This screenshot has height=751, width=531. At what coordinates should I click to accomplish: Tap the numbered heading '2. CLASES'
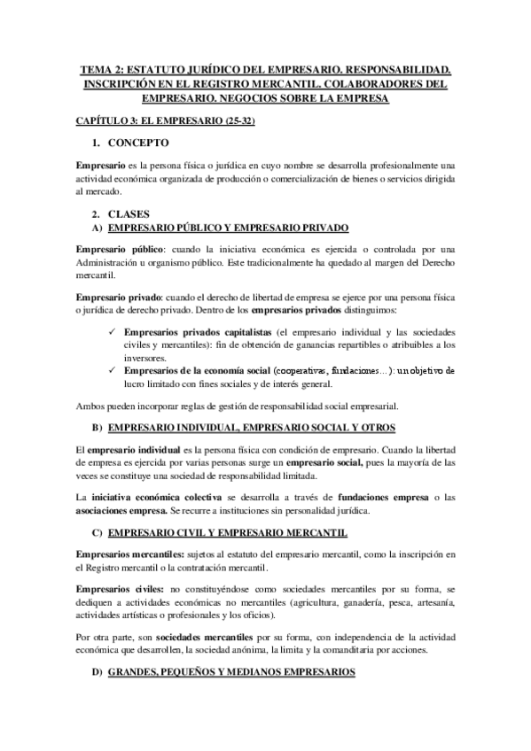coord(131,214)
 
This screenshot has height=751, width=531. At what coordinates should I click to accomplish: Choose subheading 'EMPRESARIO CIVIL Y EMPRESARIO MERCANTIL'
coord(227,531)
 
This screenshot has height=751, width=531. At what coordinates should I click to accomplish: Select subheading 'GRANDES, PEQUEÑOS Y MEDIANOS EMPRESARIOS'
coord(230,672)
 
